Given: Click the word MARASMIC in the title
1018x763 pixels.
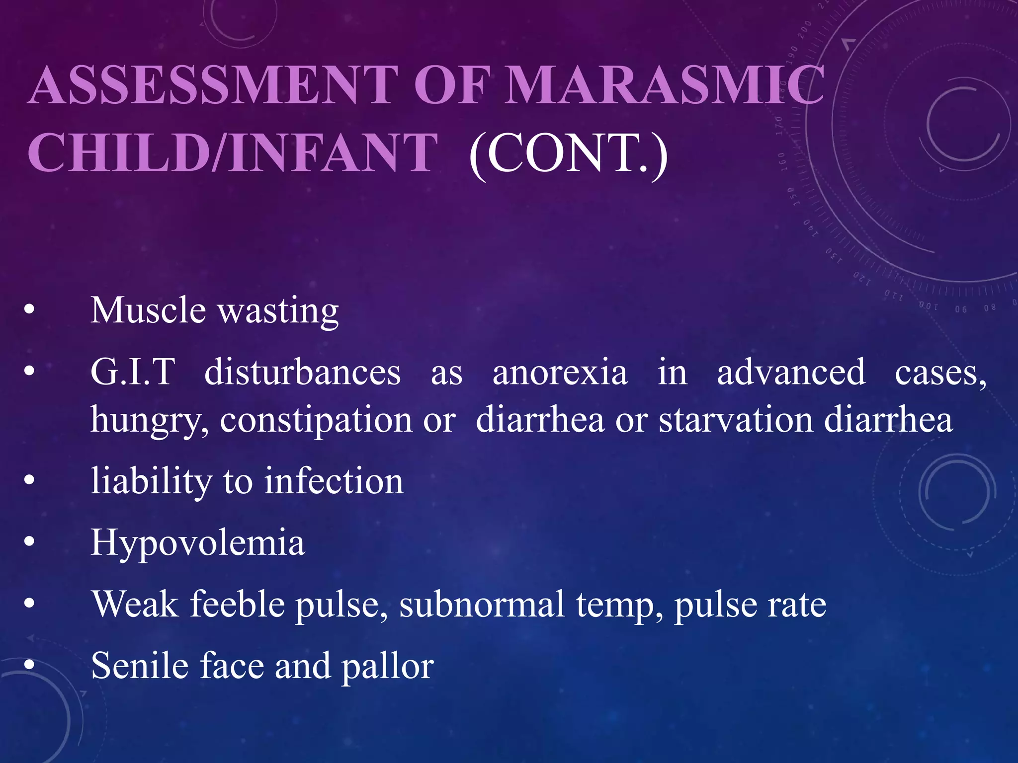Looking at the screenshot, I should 665,85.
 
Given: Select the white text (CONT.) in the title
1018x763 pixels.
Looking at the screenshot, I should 568,153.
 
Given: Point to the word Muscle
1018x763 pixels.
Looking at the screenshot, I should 148,310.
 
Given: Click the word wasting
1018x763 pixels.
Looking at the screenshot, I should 279,312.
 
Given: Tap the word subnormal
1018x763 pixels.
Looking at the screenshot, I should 482,605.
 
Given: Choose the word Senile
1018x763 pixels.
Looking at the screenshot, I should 140,666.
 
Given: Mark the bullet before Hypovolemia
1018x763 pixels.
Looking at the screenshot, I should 29,542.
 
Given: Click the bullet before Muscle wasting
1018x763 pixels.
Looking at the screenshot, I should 29,309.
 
